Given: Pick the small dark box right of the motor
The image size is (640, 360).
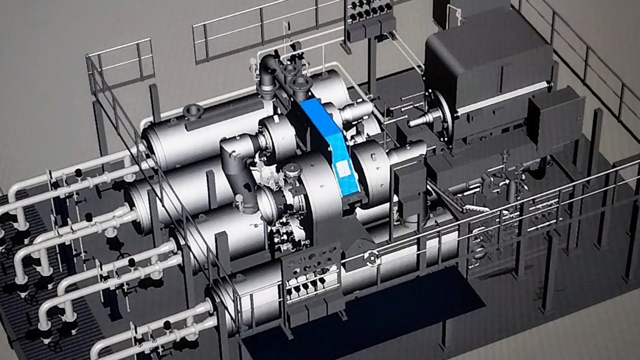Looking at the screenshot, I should tap(555, 120).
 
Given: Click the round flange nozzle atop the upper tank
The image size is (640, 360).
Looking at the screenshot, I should tap(192, 110).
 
